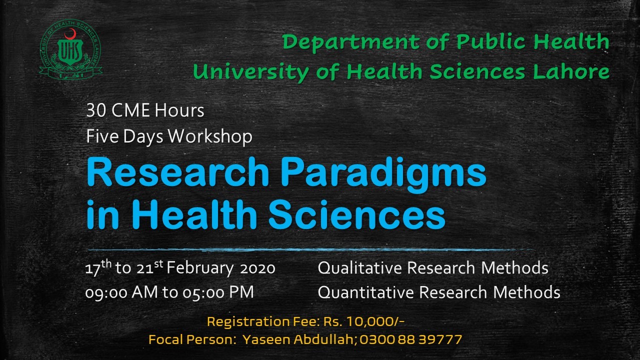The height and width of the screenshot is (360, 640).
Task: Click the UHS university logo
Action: (71, 49)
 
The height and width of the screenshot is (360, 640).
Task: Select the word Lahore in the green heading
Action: (571, 71)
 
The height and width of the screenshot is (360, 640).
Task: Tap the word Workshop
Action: (210, 136)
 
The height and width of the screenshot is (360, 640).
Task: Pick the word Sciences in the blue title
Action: (356, 214)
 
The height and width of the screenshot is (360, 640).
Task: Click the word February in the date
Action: (200, 268)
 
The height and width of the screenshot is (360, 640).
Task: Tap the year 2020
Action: (257, 268)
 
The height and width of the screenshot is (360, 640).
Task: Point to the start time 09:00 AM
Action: (121, 292)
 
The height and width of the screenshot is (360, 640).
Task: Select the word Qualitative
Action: (360, 268)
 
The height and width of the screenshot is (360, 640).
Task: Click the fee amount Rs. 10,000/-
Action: (363, 322)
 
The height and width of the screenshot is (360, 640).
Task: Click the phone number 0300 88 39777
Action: (410, 339)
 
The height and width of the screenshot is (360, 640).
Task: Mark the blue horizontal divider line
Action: (310, 250)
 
